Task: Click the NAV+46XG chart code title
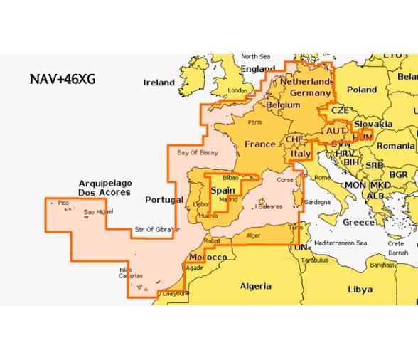pos(63,80)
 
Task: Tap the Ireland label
pos(159,83)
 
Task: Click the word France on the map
pos(259,144)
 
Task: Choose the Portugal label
pos(164,200)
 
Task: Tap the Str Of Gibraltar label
pos(157,229)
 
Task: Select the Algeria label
pos(255,286)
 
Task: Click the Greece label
pos(359,222)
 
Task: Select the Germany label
pos(311,94)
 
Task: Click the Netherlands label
pos(307,83)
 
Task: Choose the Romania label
pos(395,145)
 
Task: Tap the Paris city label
pos(245,122)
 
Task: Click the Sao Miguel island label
pos(97,212)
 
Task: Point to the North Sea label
pos(256,56)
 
